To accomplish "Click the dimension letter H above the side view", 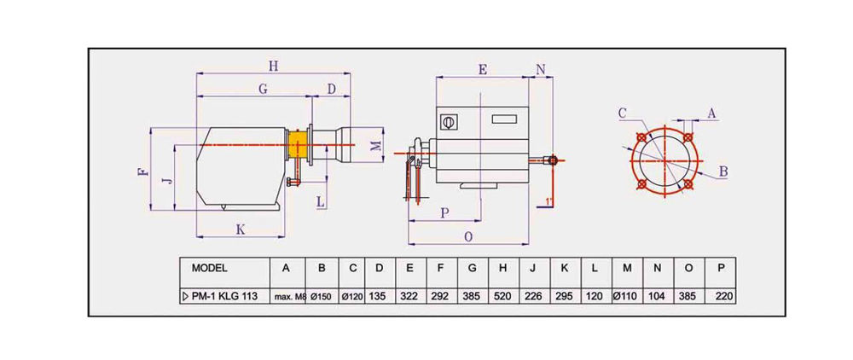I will [272, 65].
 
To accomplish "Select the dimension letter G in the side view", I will [263, 89].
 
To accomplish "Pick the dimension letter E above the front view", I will [483, 70].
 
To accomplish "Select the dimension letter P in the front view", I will [444, 213].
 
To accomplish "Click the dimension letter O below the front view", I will [468, 236].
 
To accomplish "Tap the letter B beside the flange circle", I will [722, 171].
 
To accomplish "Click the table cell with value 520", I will [502, 296].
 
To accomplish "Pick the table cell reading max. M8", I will [287, 297].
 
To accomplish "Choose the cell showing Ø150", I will [322, 296].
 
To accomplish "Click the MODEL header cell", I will [209, 267].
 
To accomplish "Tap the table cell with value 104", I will [657, 296].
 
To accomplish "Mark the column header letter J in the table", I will [533, 267].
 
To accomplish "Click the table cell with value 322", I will [410, 296].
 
